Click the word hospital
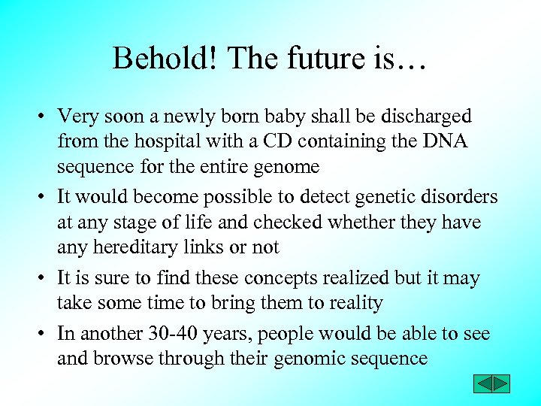point(168,141)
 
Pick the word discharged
point(426,117)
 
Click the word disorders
point(458,197)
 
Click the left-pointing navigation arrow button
point(482,384)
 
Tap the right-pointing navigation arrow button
point(500,384)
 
